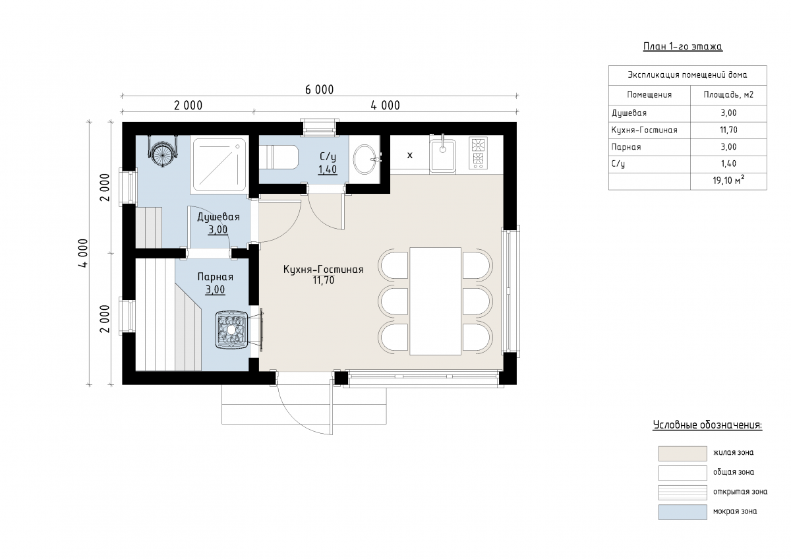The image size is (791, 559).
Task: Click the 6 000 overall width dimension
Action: (x=319, y=90)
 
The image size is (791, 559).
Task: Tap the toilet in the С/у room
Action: (x=279, y=157)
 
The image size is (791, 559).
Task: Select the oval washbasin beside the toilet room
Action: (x=365, y=160)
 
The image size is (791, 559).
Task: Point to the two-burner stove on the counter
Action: (x=478, y=152)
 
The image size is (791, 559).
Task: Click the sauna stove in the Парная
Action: (x=231, y=330)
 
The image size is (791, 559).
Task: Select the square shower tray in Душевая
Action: (x=219, y=165)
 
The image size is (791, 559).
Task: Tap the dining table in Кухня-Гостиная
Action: (x=436, y=301)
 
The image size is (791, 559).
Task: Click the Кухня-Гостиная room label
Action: (x=324, y=270)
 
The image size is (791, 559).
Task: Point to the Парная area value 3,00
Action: (x=215, y=290)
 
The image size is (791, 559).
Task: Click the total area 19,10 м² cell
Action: (x=728, y=181)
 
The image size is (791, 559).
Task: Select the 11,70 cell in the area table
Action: (x=728, y=130)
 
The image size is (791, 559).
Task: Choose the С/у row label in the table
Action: (x=618, y=164)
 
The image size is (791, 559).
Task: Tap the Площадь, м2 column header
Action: (x=728, y=95)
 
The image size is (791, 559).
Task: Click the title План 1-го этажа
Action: (x=683, y=47)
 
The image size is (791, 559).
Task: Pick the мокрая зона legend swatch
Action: (x=683, y=512)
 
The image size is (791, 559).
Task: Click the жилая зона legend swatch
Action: (x=683, y=454)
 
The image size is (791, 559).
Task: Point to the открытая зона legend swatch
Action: (x=683, y=492)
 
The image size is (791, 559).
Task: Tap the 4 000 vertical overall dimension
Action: (x=82, y=253)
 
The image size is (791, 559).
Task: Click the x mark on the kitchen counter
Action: (x=409, y=155)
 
